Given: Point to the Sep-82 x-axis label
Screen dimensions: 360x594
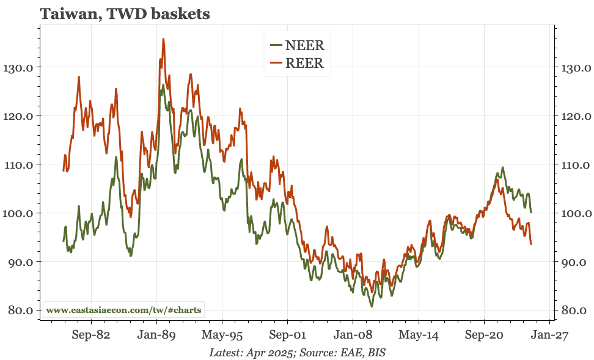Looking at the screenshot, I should [90, 336].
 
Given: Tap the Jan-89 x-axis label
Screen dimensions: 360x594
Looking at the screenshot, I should [156, 336].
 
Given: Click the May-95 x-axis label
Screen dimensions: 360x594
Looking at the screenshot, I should [222, 336].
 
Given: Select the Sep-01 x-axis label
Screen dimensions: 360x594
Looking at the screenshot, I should [287, 336].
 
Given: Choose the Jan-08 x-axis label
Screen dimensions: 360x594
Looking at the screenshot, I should [353, 336].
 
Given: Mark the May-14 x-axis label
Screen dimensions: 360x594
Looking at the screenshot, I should [419, 336].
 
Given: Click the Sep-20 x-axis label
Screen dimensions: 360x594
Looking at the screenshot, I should [484, 336].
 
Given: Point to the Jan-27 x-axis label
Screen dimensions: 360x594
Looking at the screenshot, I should [549, 336].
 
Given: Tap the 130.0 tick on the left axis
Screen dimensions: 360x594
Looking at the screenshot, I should [18, 67].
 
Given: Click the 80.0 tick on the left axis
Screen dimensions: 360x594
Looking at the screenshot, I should [20, 310].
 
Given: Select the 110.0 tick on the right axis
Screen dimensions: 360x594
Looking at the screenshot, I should [575, 164].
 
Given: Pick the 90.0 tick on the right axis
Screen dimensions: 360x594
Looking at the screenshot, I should [575, 262].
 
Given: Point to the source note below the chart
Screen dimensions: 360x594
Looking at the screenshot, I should [297, 353].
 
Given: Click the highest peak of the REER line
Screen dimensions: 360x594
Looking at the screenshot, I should [163, 39].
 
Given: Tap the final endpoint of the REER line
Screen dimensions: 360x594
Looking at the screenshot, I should [531, 244].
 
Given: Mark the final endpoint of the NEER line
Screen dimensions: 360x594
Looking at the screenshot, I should [531, 212].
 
